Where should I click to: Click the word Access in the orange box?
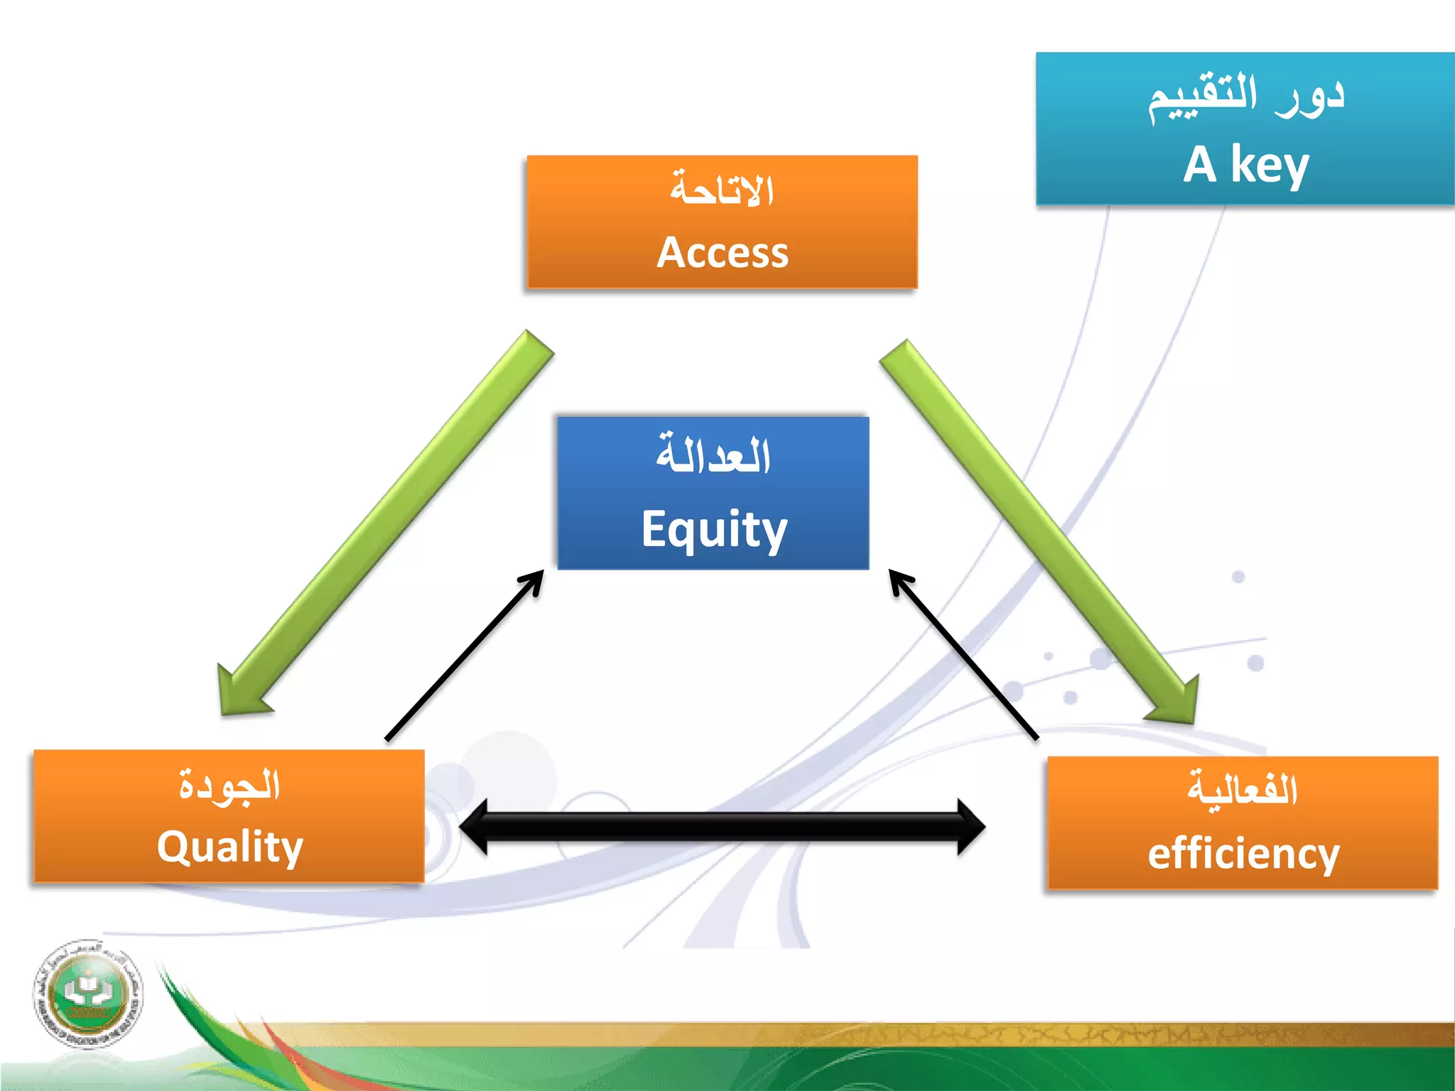(723, 253)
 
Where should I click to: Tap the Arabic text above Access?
(723, 190)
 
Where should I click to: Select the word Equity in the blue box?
(714, 529)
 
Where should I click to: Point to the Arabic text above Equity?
(713, 455)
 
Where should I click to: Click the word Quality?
(229, 847)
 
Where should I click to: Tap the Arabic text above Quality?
(229, 786)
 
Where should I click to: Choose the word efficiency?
(1243, 854)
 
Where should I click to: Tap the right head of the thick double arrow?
(970, 827)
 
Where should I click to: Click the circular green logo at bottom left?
(88, 993)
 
